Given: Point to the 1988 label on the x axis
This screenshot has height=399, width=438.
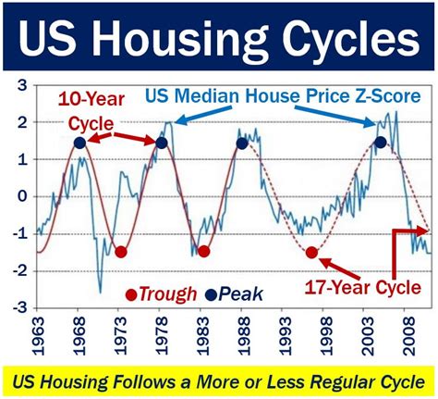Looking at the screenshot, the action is click(243, 336).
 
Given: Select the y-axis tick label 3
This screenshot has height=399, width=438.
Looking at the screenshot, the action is click(22, 85).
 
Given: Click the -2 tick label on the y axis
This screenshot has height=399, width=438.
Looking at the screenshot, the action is click(19, 271).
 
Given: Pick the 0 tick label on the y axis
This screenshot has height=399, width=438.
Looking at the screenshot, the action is click(22, 196).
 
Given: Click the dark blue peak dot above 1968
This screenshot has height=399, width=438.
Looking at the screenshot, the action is click(79, 143).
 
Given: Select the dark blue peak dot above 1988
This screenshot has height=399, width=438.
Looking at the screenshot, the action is click(242, 143).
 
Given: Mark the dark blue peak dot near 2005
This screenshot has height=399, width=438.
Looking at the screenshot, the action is click(381, 143).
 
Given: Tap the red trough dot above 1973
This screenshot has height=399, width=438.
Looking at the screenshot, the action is click(121, 252).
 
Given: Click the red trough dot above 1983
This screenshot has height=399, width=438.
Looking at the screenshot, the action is click(203, 251).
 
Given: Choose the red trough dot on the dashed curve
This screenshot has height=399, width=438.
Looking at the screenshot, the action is click(311, 253).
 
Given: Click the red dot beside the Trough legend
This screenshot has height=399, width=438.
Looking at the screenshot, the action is click(131, 295).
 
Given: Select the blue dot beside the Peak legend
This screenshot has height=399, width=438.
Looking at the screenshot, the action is click(211, 294).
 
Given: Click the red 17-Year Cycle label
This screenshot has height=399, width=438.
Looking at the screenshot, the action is click(363, 288).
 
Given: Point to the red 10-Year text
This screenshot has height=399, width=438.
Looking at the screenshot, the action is click(91, 100).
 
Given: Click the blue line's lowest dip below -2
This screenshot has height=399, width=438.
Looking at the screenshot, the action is click(100, 293).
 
